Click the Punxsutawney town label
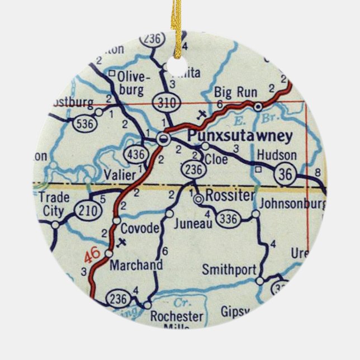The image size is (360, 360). coord(240,135)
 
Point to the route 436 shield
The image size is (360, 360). coord(137,153)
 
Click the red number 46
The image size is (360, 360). coord(93,255)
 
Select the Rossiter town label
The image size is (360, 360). coord(230,196)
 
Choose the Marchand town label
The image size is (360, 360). coord(136,264)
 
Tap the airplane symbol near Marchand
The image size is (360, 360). coord(123,243)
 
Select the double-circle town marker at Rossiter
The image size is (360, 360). coord(198,198)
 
